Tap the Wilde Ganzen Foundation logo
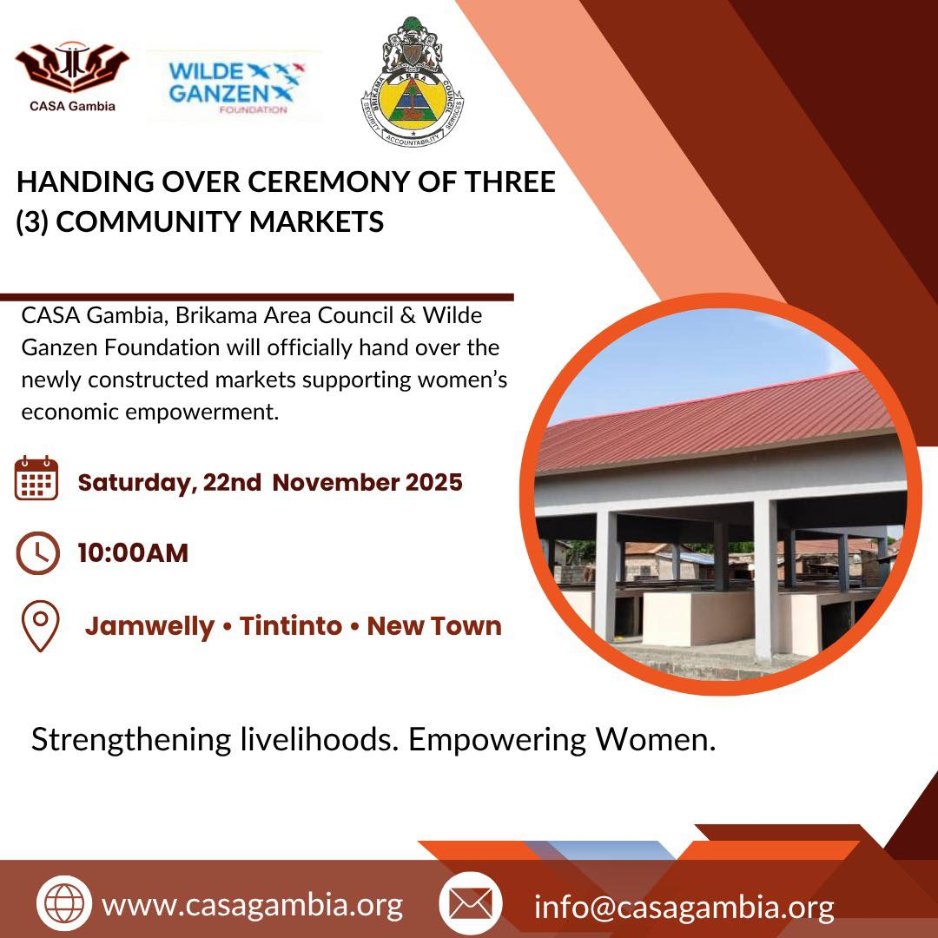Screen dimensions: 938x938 (x=235, y=88)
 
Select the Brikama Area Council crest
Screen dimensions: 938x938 (x=413, y=82)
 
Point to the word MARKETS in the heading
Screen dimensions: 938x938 (x=316, y=221)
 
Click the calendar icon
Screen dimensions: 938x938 (x=36, y=478)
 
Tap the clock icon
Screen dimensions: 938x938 (x=37, y=553)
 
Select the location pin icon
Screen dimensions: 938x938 (x=40, y=625)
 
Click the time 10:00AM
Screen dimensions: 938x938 (x=133, y=552)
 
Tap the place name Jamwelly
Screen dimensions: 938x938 (x=149, y=627)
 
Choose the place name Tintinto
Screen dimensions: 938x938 (x=291, y=625)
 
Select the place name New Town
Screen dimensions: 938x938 (x=434, y=625)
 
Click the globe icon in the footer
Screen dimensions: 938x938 (x=64, y=903)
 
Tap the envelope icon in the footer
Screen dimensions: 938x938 (x=470, y=903)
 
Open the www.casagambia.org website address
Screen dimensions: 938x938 (x=253, y=905)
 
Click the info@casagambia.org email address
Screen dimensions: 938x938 (x=684, y=907)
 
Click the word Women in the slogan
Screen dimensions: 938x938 (x=655, y=739)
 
